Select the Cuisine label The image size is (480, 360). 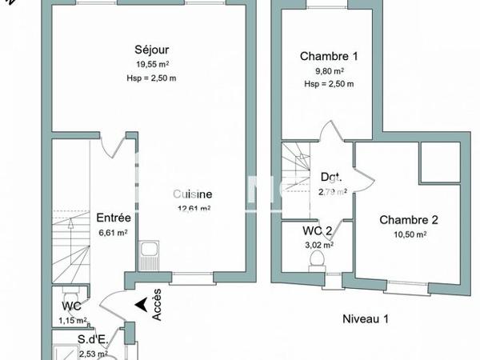point(193,194)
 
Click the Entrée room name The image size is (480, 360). point(114,217)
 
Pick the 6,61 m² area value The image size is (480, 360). point(114,233)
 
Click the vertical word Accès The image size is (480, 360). point(157,304)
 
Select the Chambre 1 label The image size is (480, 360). point(329,56)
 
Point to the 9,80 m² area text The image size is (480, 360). point(329,70)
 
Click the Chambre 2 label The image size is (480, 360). point(409,220)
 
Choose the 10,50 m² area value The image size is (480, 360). point(409,234)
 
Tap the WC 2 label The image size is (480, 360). point(317,232)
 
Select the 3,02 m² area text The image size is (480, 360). point(318,246)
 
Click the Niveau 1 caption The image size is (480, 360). point(365,318)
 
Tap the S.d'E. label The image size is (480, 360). point(93,339)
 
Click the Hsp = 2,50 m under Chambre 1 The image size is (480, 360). point(329,83)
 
